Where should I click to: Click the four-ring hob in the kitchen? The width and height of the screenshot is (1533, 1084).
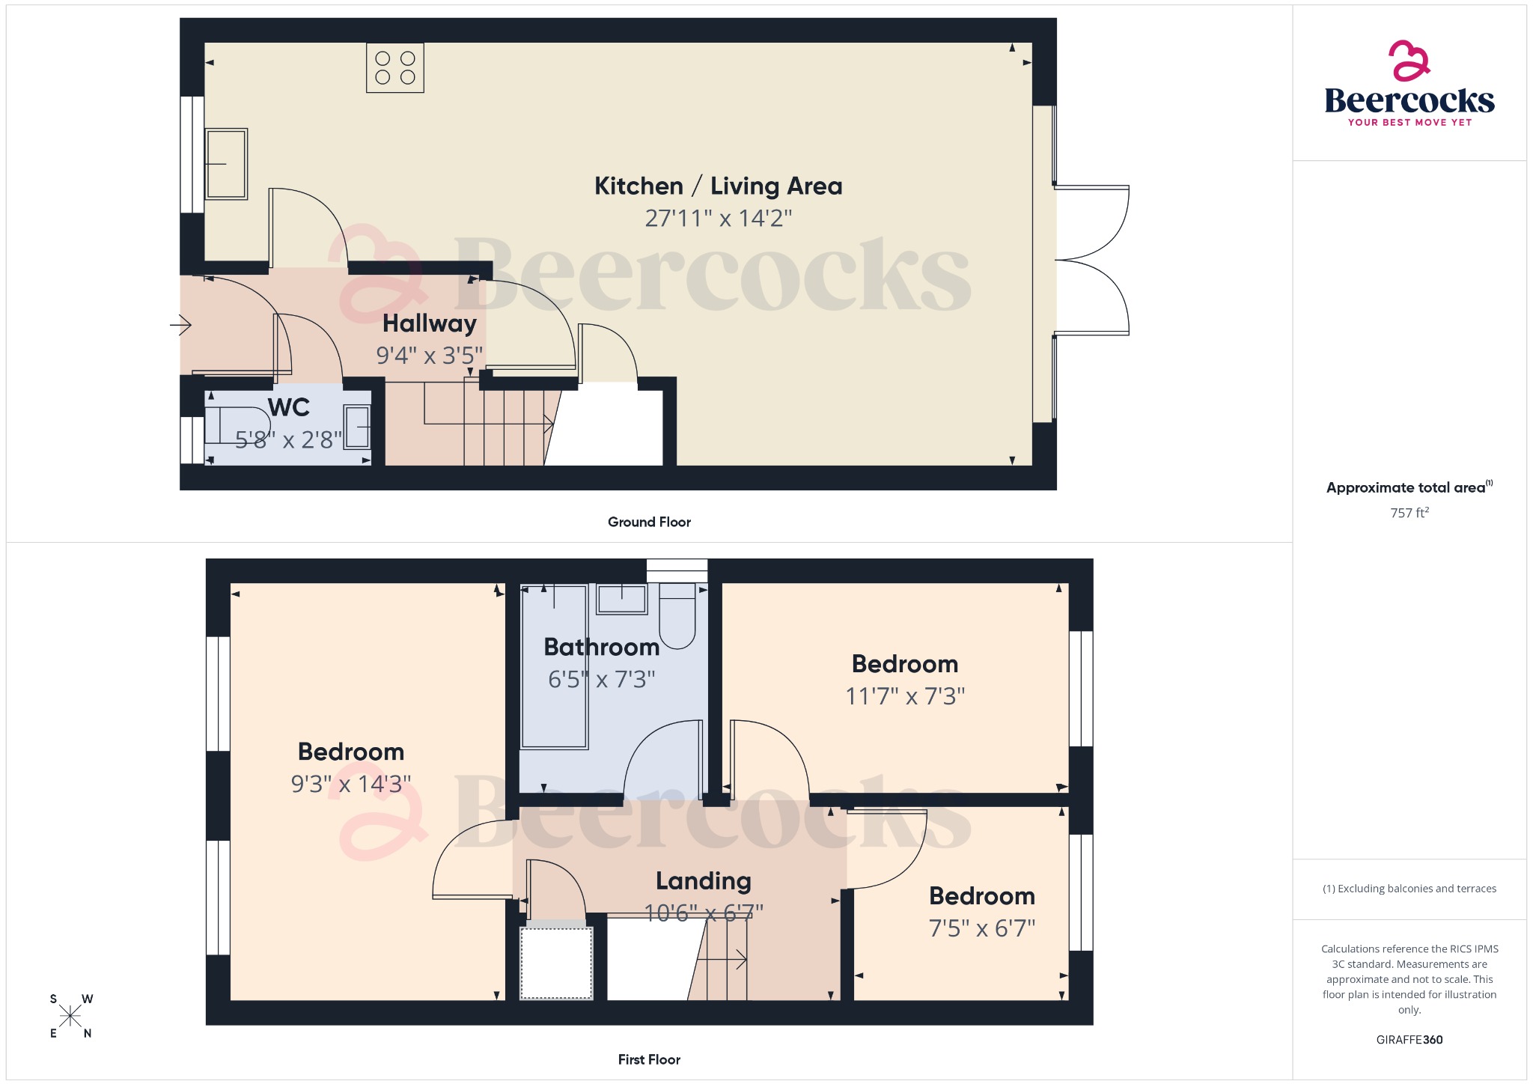[395, 68]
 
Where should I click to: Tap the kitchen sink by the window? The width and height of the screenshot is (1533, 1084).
[226, 163]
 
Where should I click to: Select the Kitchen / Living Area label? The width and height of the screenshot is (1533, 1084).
[718, 186]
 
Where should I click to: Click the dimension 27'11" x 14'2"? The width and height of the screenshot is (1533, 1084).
[718, 219]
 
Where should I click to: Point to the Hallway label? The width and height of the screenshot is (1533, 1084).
[429, 323]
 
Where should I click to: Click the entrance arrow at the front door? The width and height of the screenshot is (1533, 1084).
[181, 325]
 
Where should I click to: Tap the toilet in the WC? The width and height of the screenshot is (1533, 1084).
[237, 425]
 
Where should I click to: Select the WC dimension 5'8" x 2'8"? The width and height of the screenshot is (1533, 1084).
[288, 439]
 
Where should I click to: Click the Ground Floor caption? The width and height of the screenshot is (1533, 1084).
[649, 522]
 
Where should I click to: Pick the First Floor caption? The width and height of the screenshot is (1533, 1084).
[649, 1059]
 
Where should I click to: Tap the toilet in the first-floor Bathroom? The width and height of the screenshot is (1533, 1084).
[677, 618]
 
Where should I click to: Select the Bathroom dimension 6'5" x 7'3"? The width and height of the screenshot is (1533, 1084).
[601, 680]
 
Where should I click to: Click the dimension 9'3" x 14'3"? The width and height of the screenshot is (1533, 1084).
[351, 784]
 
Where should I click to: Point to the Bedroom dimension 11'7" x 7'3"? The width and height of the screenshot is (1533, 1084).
[905, 696]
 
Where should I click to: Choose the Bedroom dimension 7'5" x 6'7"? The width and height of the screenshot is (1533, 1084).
[981, 928]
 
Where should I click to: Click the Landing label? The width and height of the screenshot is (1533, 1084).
[703, 881]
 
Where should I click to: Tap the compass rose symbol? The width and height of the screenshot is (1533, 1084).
[71, 1016]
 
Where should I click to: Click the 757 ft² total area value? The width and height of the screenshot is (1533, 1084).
[1409, 513]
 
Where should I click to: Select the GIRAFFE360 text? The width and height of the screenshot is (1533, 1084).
[1409, 1039]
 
